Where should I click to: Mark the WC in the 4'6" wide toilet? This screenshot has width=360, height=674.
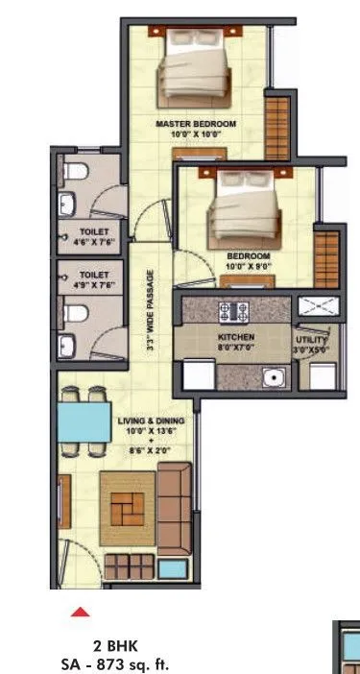point(76,174)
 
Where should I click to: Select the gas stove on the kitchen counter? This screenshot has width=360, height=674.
point(233,310)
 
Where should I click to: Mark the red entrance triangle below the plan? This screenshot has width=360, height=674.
point(82,610)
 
